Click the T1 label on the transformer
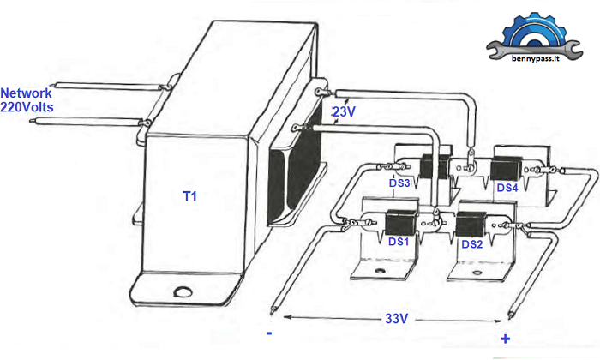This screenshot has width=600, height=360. pos(189,196)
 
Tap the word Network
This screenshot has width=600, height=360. pos(26,93)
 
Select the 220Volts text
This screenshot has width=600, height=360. pos(27,107)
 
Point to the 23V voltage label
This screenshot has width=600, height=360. pos(344,111)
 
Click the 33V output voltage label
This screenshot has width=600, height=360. pos(396,318)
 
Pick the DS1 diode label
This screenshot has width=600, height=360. pos(399,242)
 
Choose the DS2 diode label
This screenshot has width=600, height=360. pos(472,244)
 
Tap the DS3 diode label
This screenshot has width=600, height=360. pos(399,183)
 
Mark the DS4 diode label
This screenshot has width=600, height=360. pos(507,188)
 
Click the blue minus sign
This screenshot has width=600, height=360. pos(269,333)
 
